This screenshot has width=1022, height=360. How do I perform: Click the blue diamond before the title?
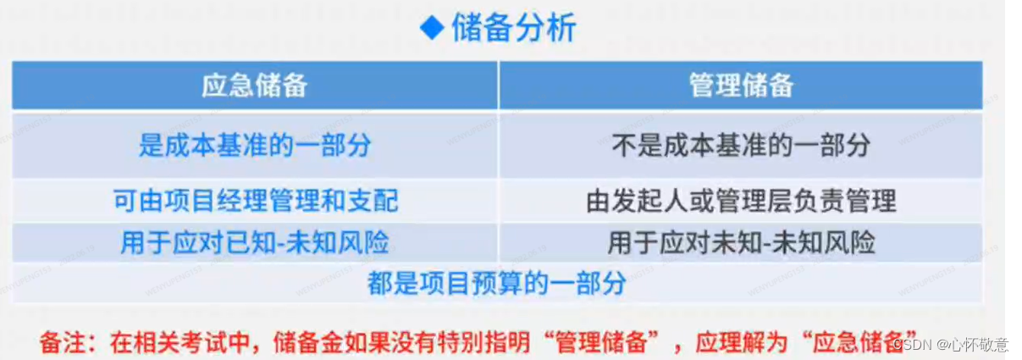(x=432, y=29)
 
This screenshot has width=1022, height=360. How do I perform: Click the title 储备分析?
(x=513, y=29)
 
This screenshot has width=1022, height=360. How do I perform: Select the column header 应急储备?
(x=254, y=86)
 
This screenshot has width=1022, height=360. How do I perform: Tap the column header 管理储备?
(x=741, y=86)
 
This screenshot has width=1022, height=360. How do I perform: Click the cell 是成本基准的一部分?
(x=254, y=145)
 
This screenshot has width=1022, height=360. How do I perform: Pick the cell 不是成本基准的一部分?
(x=741, y=145)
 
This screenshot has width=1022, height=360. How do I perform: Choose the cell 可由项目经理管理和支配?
(x=255, y=202)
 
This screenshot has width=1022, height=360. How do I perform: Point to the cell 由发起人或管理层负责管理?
(x=741, y=202)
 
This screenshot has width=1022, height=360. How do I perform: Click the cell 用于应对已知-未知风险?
(x=254, y=243)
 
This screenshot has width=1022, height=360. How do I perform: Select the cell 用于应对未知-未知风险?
(x=741, y=243)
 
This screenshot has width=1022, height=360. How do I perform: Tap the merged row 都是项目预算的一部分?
(x=497, y=283)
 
